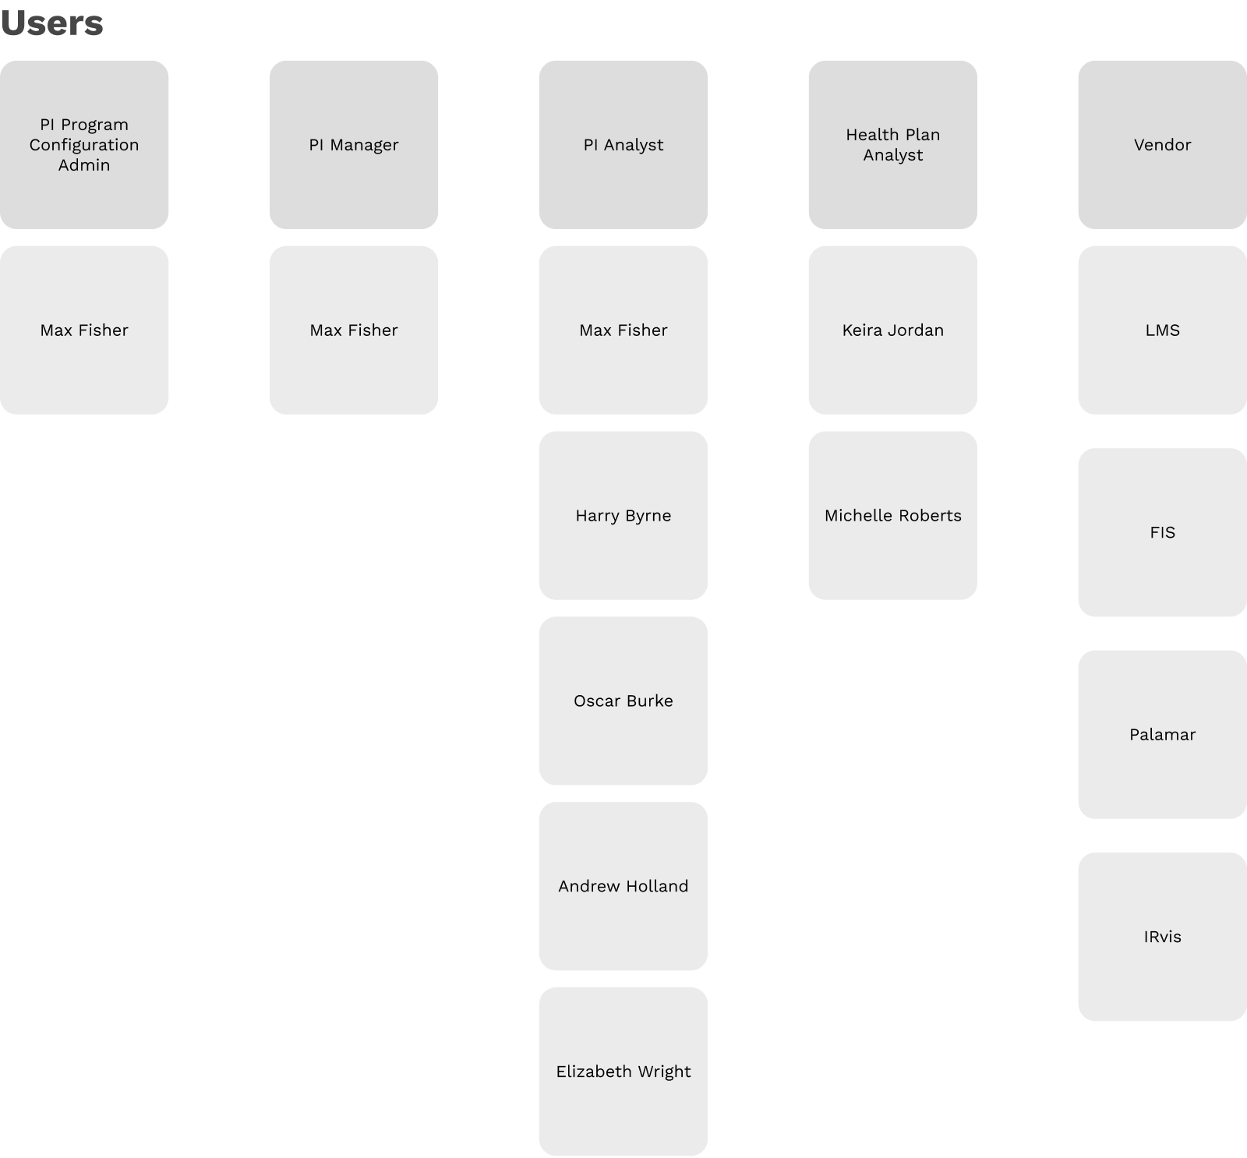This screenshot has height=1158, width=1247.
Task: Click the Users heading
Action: point(51,23)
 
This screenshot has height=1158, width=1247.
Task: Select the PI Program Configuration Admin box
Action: point(84,145)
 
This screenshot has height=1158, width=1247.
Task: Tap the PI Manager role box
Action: point(354,145)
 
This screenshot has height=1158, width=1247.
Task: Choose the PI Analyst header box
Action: point(623,145)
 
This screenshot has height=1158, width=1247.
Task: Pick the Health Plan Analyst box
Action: point(893,145)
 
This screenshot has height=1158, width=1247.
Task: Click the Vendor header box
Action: point(1163,145)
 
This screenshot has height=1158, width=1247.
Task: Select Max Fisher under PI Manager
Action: point(354,330)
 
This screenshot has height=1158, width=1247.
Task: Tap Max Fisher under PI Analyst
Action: point(623,330)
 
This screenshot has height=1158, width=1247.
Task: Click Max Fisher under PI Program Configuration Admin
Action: point(84,330)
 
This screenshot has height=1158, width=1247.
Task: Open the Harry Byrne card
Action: point(623,516)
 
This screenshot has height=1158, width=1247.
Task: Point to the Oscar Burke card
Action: point(623,701)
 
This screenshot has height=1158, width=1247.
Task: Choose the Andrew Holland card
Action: point(623,887)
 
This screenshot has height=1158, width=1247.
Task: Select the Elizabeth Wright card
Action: point(623,1072)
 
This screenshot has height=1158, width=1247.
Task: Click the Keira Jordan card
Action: point(893,330)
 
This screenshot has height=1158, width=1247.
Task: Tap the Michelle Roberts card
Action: point(893,516)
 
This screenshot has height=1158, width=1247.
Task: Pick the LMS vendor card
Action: point(1163,330)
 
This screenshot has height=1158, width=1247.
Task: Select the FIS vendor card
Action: point(1163,533)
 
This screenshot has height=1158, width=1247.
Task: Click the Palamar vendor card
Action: point(1163,735)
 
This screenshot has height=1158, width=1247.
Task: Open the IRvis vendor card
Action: point(1163,937)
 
